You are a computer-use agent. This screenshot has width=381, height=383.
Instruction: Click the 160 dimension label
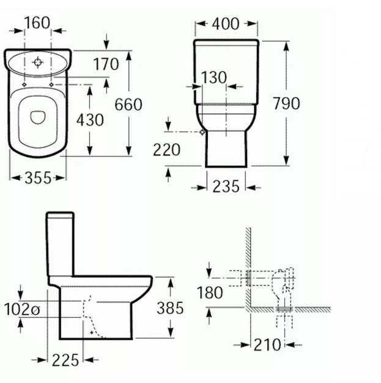[37, 24]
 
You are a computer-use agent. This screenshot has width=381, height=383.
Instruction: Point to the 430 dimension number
[90, 120]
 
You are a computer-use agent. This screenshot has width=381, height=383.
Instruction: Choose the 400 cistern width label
[225, 24]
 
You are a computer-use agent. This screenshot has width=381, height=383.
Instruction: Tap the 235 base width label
[226, 187]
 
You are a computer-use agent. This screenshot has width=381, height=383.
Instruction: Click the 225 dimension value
[66, 360]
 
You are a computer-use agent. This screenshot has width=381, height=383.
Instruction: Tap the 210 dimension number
[267, 345]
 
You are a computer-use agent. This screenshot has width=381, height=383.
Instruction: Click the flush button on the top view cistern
[38, 62]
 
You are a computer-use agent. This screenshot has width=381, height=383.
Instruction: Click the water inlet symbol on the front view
[202, 132]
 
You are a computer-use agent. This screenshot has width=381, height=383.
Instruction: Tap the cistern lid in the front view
[226, 43]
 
